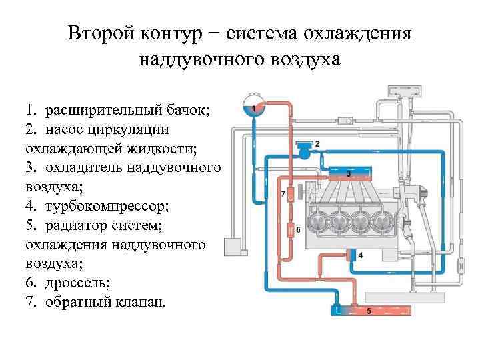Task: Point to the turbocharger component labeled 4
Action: pyautogui.click(x=352, y=255)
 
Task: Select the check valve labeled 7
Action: pyautogui.click(x=291, y=193)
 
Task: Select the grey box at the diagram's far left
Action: pyautogui.click(x=236, y=247)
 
